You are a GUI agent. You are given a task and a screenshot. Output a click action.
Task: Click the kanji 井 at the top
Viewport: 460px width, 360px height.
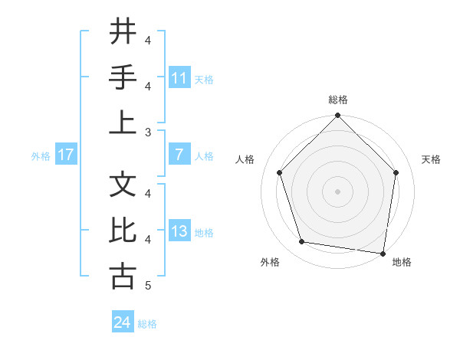click(x=122, y=32)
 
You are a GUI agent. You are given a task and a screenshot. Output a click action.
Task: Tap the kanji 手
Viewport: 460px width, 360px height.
click(x=122, y=78)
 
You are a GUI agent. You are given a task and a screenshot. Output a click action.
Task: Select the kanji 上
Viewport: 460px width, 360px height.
click(x=122, y=123)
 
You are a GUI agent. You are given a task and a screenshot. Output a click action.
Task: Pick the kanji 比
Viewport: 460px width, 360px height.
click(x=122, y=231)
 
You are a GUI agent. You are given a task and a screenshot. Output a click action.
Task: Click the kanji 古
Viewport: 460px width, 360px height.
click(x=122, y=277)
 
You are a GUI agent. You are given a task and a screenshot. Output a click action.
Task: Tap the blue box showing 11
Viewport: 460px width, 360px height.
click(x=179, y=78)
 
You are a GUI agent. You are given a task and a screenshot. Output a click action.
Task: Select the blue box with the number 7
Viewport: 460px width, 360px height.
click(x=179, y=155)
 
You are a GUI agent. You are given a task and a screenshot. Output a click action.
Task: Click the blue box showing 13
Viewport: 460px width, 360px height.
click(x=179, y=232)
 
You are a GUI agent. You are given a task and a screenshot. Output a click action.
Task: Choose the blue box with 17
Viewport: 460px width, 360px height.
click(x=66, y=155)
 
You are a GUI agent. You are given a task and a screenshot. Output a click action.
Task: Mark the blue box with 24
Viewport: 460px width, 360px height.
click(x=122, y=322)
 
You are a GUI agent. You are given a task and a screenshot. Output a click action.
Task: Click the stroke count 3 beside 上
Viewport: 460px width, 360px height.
click(x=147, y=133)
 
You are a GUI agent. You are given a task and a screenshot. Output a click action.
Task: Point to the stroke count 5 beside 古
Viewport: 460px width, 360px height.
click(x=147, y=286)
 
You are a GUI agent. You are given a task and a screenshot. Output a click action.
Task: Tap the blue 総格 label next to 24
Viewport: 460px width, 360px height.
click(x=147, y=324)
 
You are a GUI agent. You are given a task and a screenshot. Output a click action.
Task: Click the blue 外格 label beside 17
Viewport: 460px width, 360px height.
click(x=41, y=156)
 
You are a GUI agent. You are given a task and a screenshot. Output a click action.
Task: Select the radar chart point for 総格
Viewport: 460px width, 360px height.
click(x=337, y=116)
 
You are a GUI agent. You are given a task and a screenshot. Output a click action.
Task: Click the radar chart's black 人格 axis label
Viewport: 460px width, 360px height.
click(x=245, y=159)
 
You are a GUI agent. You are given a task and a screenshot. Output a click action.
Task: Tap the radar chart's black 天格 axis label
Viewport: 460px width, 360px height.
click(x=431, y=159)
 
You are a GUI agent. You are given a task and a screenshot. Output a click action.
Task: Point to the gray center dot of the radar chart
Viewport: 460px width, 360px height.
click(x=337, y=191)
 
